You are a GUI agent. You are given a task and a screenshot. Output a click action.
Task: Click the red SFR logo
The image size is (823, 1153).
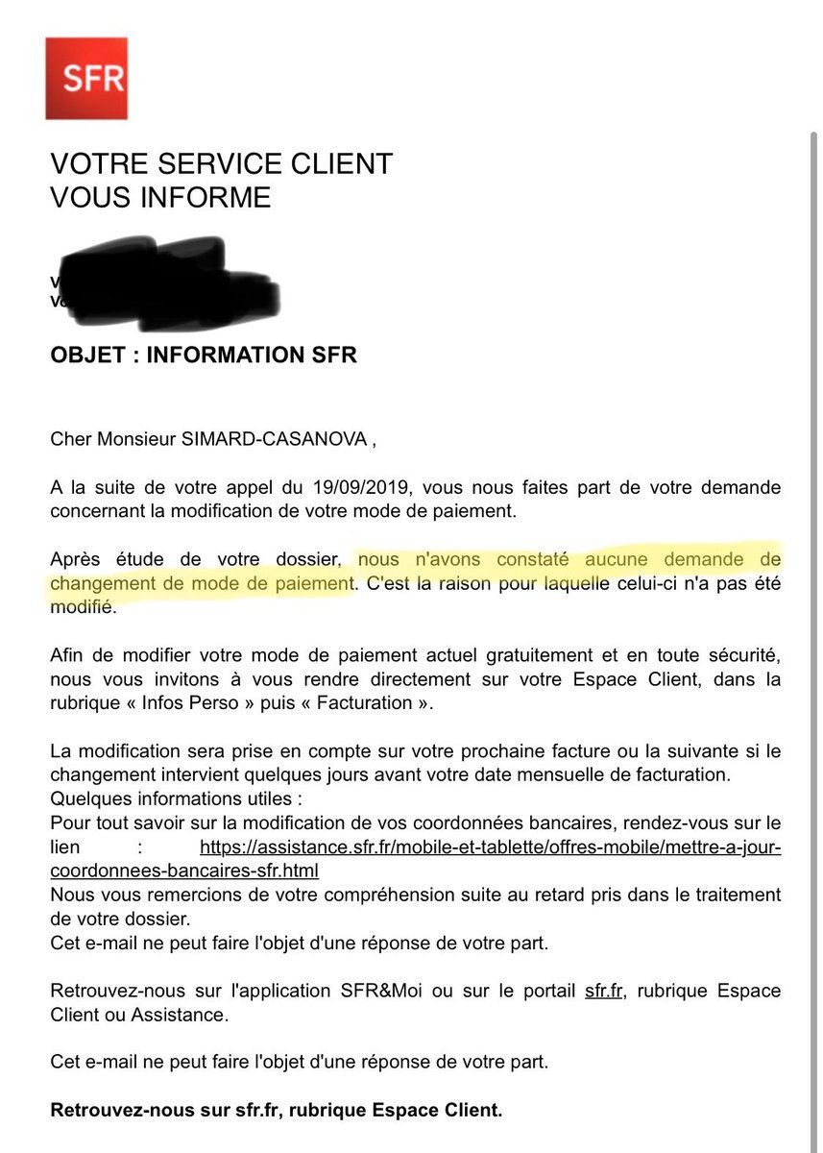pos(86,79)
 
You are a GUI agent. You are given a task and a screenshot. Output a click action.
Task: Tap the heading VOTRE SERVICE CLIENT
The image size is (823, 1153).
pos(221,164)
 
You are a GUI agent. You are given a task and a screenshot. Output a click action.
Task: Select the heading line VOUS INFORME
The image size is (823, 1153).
pos(160,198)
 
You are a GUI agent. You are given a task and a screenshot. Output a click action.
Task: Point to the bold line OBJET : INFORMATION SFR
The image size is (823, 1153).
pos(204,356)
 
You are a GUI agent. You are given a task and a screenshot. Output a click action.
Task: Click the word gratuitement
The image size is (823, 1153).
pos(512,655)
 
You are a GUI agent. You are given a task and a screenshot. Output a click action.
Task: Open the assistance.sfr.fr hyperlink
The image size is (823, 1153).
pos(490,847)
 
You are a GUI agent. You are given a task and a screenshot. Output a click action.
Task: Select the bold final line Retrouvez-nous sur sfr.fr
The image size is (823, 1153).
pos(277,1111)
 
